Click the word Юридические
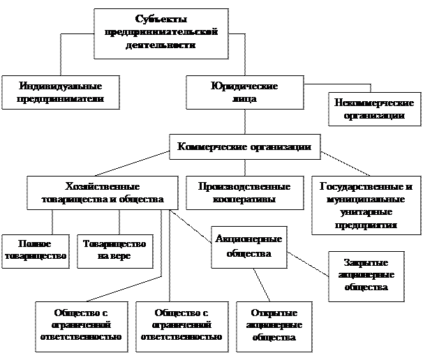(244, 86)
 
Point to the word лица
(244, 99)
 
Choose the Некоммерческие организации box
(374, 110)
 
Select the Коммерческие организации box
(245, 147)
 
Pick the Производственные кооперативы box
(244, 193)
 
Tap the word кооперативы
(244, 200)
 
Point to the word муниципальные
(366, 200)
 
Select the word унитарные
(366, 212)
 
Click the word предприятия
(366, 225)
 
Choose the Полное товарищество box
(35, 250)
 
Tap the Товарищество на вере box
(114, 250)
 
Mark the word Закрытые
(366, 262)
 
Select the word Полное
(35, 243)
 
